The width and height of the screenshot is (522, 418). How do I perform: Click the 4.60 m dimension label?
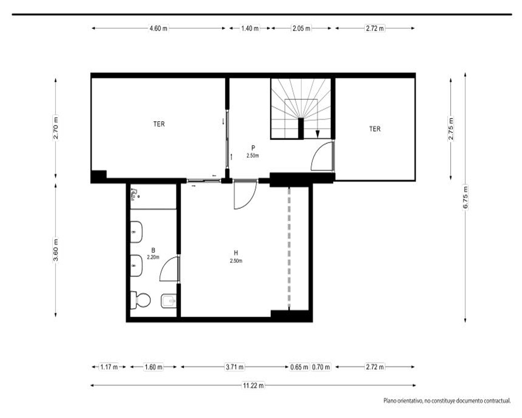tap(159, 28)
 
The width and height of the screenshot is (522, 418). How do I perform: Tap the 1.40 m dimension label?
tap(250, 28)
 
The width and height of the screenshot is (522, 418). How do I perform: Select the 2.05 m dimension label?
tap(302, 28)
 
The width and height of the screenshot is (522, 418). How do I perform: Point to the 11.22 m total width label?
tap(254, 385)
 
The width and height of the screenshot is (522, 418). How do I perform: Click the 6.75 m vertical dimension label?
tap(466, 197)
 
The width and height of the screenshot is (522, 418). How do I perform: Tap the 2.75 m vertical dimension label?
tap(451, 129)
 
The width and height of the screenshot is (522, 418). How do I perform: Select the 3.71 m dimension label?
tap(235, 367)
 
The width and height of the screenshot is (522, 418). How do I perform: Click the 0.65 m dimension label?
tap(299, 367)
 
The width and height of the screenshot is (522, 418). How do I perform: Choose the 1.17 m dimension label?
tap(109, 367)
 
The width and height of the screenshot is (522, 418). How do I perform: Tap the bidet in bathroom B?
tap(169, 301)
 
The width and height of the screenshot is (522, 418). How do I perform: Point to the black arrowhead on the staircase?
tap(317, 134)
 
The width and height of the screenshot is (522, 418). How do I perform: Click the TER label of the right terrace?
tap(375, 129)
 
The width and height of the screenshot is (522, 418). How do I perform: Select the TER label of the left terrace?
tap(159, 124)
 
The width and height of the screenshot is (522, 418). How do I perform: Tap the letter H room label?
tap(236, 253)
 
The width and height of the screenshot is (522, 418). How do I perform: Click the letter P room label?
tap(253, 148)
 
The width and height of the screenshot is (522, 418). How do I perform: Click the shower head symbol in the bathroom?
tap(135, 194)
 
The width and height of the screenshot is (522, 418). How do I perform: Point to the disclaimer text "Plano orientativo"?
tap(402, 401)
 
